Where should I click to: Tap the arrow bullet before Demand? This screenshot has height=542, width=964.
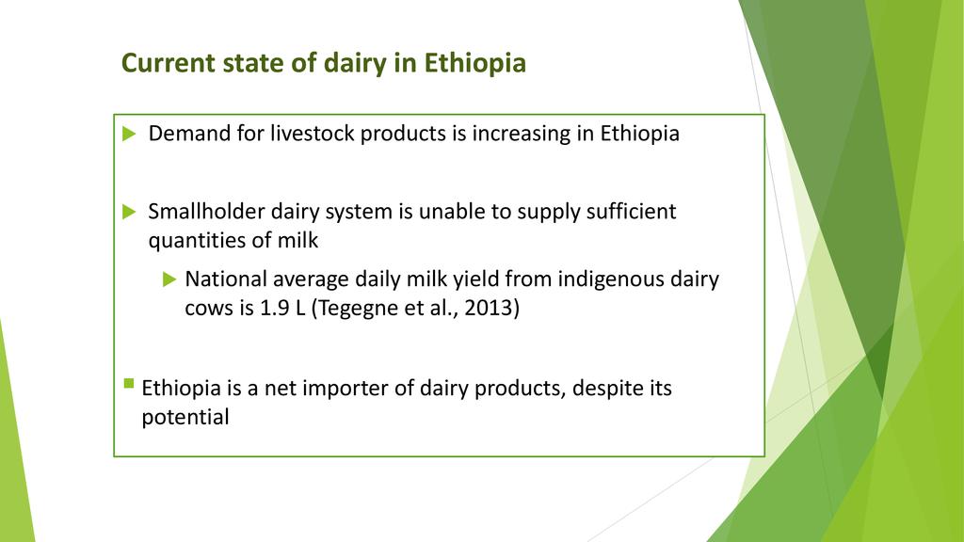(x=129, y=134)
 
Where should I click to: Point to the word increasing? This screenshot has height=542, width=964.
(x=522, y=134)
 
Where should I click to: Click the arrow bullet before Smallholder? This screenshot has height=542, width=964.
(x=129, y=212)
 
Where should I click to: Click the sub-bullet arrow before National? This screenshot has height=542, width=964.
(x=169, y=279)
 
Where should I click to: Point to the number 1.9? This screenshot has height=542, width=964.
(x=274, y=308)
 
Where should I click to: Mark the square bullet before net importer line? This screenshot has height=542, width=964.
(x=128, y=384)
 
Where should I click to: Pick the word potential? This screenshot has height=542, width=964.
(x=185, y=417)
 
